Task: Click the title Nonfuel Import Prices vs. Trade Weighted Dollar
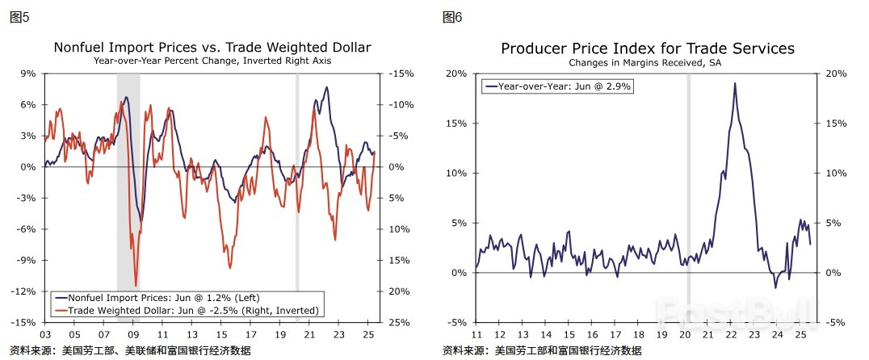point(212,48)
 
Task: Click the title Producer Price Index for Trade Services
point(648,48)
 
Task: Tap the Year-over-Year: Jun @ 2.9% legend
point(557,85)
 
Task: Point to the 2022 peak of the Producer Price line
point(735,83)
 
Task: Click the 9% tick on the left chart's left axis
point(28,73)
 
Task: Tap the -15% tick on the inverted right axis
point(401,73)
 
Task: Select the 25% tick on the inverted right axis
point(401,323)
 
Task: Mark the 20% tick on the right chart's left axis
point(456,73)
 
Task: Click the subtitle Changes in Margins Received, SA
point(644,62)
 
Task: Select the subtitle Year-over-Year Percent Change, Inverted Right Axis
point(212,61)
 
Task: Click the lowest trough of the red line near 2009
point(136,285)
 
